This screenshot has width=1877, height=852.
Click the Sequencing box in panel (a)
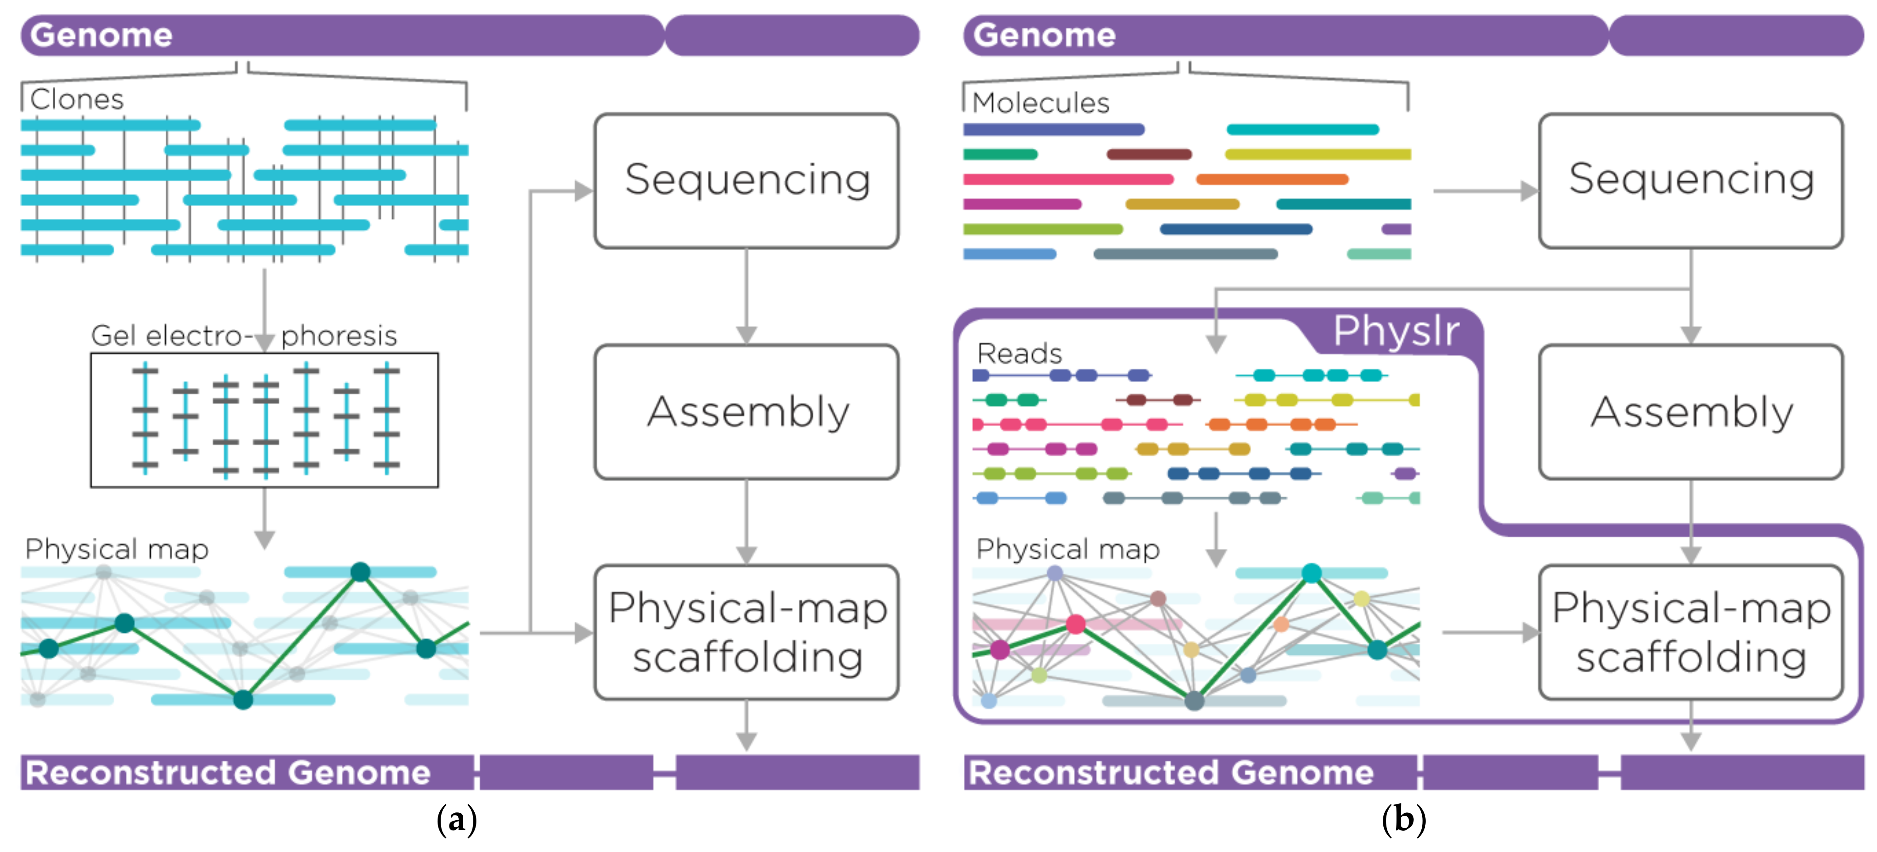click(x=746, y=180)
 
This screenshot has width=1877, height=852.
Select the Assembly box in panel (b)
click(x=1691, y=412)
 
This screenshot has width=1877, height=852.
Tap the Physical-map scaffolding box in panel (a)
click(x=746, y=632)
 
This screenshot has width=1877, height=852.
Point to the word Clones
click(x=76, y=99)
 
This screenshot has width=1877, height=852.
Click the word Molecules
click(x=1041, y=103)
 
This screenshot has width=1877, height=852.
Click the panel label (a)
click(x=457, y=819)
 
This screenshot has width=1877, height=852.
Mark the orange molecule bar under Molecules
click(x=1272, y=179)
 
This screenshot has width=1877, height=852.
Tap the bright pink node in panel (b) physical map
click(x=1076, y=623)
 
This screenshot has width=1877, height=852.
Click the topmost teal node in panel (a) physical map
click(x=360, y=572)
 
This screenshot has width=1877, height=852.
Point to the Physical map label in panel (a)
click(x=117, y=548)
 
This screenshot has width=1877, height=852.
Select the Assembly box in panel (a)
click(x=746, y=412)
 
